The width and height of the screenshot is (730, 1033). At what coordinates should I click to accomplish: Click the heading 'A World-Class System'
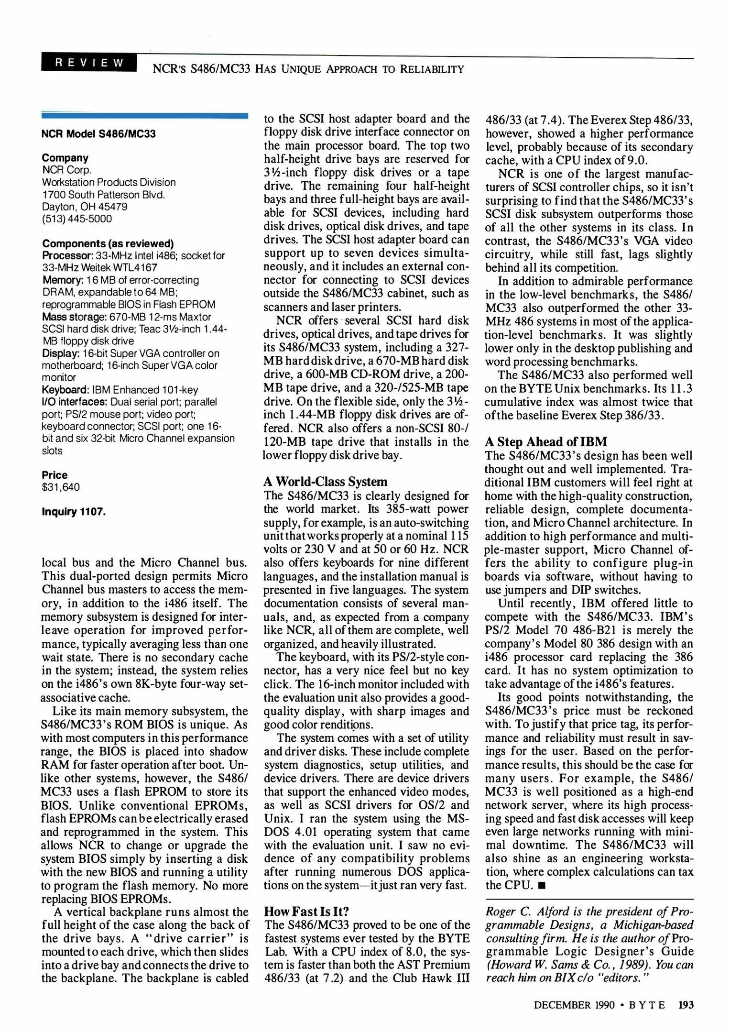tap(325, 482)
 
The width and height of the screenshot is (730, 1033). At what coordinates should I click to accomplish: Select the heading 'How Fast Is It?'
tap(306, 912)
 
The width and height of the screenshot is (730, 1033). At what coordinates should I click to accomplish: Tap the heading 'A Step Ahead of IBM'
tap(545, 441)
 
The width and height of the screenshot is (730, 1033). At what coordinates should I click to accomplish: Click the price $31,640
tap(61, 487)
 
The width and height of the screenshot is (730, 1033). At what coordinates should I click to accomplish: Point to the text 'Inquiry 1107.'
tap(73, 512)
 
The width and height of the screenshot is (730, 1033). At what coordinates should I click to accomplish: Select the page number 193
tap(686, 1005)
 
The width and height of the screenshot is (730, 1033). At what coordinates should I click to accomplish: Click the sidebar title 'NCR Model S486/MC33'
tap(98, 134)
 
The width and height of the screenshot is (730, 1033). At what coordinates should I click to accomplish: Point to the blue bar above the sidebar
tap(145, 115)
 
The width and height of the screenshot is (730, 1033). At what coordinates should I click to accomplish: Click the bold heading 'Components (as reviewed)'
tap(108, 243)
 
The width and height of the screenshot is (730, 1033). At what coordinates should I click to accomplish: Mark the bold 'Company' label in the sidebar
tap(65, 158)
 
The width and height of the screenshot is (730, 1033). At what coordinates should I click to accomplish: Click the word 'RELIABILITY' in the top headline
tap(432, 69)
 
